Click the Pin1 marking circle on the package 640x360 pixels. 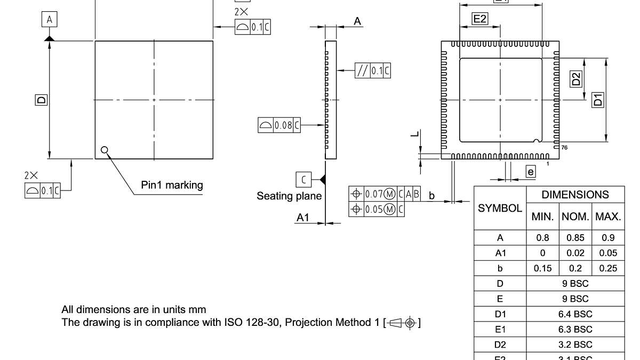[x=105, y=150]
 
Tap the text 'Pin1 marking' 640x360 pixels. [x=172, y=185]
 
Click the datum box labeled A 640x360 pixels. [x=50, y=20]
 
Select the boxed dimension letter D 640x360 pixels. [x=41, y=99]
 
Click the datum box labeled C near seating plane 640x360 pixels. [x=303, y=179]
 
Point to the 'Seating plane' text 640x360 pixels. [x=289, y=196]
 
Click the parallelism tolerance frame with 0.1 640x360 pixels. [x=373, y=70]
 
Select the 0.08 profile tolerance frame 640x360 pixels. [x=279, y=125]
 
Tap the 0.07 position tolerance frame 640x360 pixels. [x=385, y=194]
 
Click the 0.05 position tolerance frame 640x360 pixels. [x=377, y=209]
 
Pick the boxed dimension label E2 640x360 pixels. [x=480, y=19]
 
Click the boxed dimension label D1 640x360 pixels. [x=598, y=99]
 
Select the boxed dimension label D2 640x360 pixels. [x=576, y=79]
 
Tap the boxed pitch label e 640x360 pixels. [x=530, y=172]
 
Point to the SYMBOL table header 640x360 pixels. [x=500, y=209]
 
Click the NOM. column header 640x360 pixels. [x=575, y=217]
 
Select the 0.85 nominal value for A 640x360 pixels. [x=575, y=238]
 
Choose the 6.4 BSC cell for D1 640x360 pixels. [x=575, y=314]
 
